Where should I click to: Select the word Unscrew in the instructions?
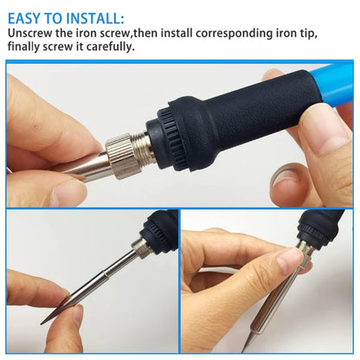point(31,33)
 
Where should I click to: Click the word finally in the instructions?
point(23,47)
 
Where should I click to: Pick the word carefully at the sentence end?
point(108,47)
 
